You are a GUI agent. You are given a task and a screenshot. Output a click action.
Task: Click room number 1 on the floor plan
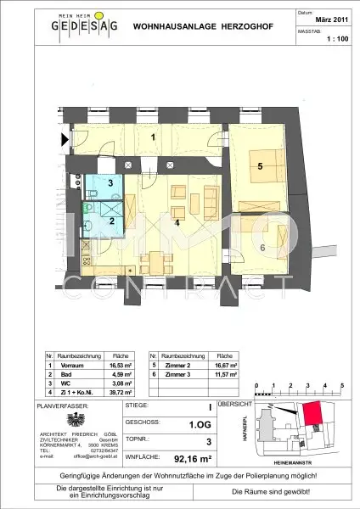(153, 137)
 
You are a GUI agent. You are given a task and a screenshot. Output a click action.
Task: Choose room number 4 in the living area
(177, 224)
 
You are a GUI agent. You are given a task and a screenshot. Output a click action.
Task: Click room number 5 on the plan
(260, 166)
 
